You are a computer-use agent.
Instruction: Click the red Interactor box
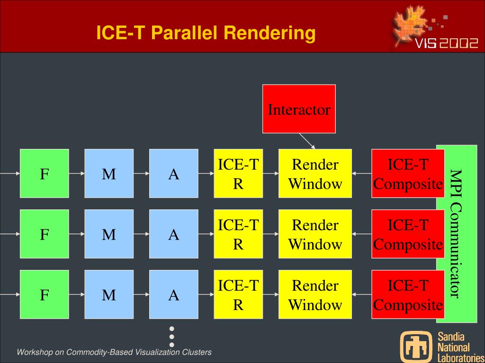click(299, 109)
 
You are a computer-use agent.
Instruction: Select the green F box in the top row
click(44, 173)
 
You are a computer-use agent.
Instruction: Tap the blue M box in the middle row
click(109, 234)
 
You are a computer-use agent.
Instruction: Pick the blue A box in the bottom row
click(174, 294)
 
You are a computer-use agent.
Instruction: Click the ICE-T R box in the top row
click(238, 173)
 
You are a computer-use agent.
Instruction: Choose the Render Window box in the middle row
click(315, 234)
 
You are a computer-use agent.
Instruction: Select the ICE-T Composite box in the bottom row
click(408, 294)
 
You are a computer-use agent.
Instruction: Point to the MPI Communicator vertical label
click(455, 234)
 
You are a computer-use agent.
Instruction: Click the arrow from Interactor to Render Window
click(307, 140)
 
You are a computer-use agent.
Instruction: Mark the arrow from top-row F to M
click(77, 173)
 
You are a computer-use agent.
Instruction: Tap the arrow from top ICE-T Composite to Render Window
click(362, 173)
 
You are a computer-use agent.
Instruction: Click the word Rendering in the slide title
click(269, 33)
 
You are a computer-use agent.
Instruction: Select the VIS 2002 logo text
click(447, 44)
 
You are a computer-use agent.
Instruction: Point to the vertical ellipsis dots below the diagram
click(172, 337)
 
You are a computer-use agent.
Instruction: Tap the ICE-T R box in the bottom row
click(238, 294)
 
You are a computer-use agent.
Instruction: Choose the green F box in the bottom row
click(44, 294)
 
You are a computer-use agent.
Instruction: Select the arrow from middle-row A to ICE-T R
click(206, 234)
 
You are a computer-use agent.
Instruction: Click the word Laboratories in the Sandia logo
click(460, 358)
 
